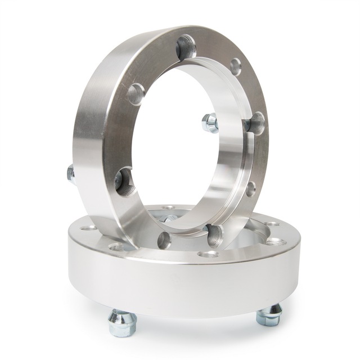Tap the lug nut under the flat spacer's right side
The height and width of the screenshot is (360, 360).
pos(269,314)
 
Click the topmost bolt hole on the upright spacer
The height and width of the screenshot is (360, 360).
pos(186,47)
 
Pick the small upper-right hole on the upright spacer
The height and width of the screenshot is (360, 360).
pos(235,67)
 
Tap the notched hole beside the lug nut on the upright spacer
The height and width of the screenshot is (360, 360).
pos(256,123)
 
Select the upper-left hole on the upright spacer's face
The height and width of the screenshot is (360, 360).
pos(136,94)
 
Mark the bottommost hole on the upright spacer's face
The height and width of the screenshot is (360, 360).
pos(164,240)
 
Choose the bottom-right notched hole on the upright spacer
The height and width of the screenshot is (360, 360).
pos(214,235)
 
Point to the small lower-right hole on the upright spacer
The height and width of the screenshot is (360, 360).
pos(250,188)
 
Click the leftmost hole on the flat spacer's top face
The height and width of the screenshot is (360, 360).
pos(88,228)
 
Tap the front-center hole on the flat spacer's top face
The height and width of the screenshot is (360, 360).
pos(208,254)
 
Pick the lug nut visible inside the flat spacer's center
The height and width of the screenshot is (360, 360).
pos(169,218)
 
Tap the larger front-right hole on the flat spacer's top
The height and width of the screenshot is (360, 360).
pos(276,241)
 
